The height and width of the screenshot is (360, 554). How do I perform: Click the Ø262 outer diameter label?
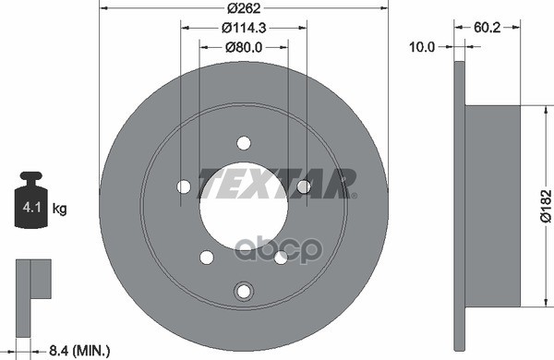(244, 7)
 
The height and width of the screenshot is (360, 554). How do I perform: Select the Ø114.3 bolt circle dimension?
(244, 28)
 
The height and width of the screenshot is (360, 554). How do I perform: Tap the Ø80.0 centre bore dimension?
(244, 47)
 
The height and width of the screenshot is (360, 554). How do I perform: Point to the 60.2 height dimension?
(487, 27)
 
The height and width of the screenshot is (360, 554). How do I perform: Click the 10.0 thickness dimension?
(422, 47)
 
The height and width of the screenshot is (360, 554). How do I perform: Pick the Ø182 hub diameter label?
(546, 206)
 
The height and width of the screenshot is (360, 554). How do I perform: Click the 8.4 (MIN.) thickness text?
(79, 351)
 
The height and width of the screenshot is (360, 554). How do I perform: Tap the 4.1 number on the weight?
(31, 207)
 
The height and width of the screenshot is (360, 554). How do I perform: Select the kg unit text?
(59, 209)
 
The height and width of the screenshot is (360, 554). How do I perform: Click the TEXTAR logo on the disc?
(277, 184)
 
